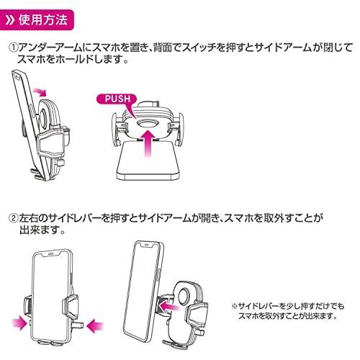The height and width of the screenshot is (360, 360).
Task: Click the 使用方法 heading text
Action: [43, 20]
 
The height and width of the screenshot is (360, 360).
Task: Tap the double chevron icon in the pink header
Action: [10, 20]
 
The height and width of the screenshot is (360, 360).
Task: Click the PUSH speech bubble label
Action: [117, 99]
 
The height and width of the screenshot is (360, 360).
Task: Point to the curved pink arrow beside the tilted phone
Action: [39, 91]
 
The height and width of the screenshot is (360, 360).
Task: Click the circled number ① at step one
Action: [13, 48]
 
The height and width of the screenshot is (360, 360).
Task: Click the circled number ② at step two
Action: [13, 218]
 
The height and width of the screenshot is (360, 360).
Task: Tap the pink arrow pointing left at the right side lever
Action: [95, 326]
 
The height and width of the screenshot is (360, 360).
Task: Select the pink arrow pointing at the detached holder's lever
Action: [170, 306]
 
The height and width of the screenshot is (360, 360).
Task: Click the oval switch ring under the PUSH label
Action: [148, 124]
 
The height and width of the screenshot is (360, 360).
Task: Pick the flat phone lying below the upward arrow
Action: [148, 161]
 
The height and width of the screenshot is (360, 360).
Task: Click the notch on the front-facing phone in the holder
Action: [50, 253]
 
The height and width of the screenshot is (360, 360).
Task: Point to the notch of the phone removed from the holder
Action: [146, 244]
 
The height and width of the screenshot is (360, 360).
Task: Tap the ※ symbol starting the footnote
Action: [234, 306]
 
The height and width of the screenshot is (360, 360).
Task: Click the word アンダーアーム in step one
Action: [49, 48]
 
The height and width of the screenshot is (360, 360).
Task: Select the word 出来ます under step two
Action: [39, 230]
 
